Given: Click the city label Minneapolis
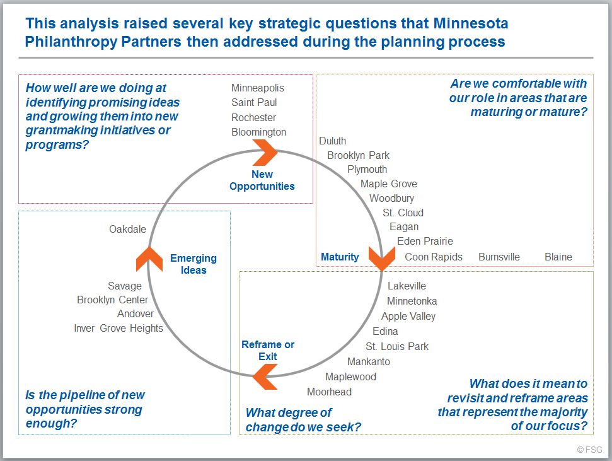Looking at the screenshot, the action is (258, 88).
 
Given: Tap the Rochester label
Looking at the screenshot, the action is (254, 117).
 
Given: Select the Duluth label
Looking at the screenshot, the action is (333, 141).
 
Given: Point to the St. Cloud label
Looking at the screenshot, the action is (403, 213).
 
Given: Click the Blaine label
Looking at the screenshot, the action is (558, 257).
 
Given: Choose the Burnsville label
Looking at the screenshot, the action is (499, 257).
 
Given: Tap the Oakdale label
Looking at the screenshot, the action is (127, 229).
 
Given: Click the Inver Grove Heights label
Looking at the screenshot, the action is (118, 328).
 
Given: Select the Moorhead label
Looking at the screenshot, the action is (329, 392).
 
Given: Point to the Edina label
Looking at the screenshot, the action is (385, 331).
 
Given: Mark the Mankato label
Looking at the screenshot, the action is (369, 361).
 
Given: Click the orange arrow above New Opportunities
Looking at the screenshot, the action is (265, 153).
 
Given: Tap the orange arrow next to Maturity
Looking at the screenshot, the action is (382, 258).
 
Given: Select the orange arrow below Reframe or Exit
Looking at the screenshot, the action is (265, 376).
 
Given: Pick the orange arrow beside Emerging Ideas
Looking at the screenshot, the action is (149, 259).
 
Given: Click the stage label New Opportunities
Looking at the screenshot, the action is (262, 180).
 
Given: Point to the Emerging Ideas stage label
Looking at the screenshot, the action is (193, 264).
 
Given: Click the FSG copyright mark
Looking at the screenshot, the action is (589, 450).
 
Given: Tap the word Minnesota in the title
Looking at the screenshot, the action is (471, 23).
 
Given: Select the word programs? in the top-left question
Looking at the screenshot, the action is (57, 144).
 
